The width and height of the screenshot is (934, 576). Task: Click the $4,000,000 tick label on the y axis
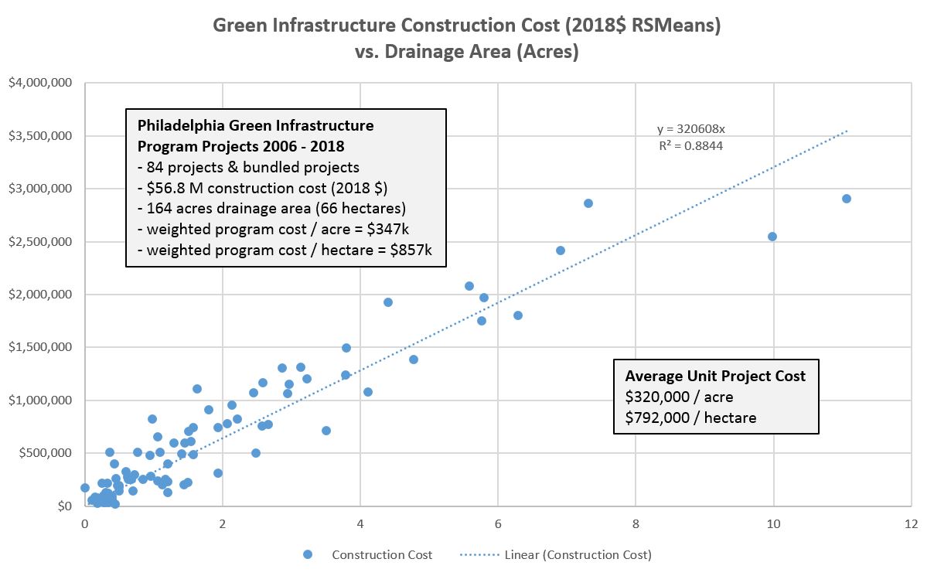[40, 84]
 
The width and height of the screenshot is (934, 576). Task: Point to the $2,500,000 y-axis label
[40, 242]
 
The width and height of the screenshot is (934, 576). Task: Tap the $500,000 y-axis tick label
[45, 453]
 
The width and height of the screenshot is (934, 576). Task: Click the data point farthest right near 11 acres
[846, 199]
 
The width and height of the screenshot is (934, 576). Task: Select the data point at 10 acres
[772, 237]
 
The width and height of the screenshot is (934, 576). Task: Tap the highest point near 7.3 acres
[588, 203]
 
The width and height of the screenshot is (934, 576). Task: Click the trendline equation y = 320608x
[690, 129]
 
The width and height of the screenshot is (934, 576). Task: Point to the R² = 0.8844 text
[690, 145]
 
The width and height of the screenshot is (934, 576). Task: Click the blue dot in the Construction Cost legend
[308, 554]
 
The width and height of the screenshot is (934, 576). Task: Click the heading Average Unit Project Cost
[715, 377]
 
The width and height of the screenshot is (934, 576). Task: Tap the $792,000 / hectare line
[690, 418]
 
